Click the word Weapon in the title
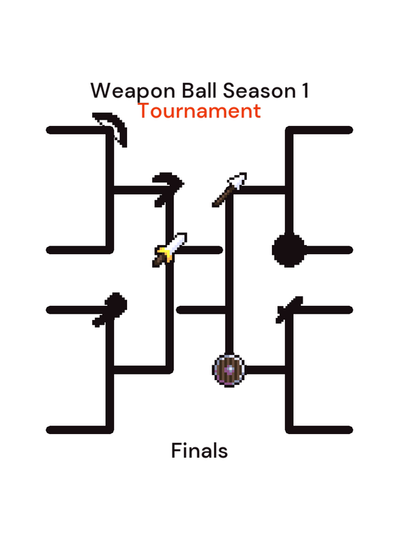133,91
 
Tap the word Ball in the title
199,90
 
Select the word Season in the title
259,91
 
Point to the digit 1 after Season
305,91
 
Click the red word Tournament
199,111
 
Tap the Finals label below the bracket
199,450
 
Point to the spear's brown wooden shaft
223,196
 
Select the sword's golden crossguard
165,252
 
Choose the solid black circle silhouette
289,250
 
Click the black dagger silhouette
289,309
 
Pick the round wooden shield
229,370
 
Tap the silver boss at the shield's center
229,370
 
